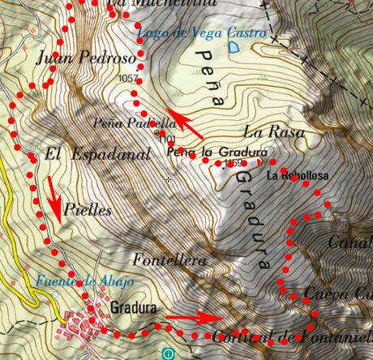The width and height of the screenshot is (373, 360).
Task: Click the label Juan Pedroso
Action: click(x=74, y=58)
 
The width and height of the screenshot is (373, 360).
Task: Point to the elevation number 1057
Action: click(x=128, y=79)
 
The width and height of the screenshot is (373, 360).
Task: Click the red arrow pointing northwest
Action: click(x=182, y=122)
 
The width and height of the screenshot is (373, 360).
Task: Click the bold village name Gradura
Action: click(x=132, y=309)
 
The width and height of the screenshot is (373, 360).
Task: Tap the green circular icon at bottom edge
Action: click(x=167, y=354)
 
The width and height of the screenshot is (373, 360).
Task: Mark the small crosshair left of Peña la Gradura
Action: click(x=169, y=178)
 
